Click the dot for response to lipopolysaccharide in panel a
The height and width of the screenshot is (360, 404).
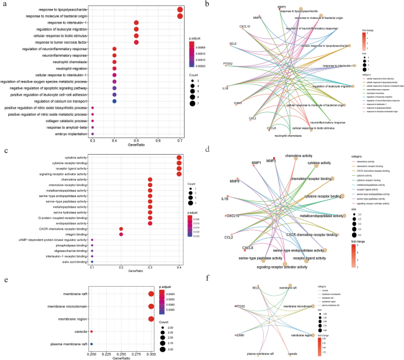(x=180, y=10)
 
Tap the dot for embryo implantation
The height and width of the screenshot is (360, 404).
(x=93, y=133)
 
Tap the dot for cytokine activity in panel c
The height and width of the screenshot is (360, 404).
(x=179, y=157)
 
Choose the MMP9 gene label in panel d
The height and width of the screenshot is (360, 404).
(x=234, y=181)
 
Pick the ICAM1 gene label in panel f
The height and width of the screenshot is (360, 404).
(x=239, y=335)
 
